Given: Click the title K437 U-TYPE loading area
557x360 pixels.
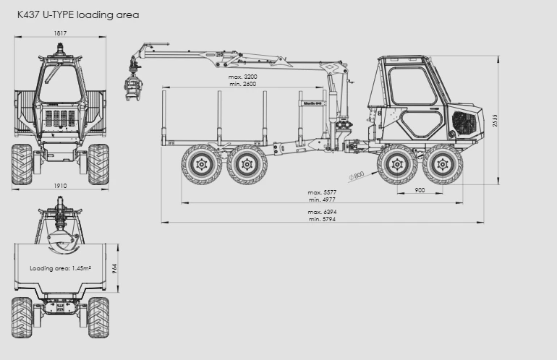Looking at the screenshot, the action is tap(78, 15).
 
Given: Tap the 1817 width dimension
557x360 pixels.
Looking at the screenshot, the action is tap(60, 33).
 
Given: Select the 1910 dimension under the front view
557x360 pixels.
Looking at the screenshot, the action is tap(60, 186).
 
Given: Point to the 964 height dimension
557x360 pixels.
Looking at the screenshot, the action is tap(115, 268).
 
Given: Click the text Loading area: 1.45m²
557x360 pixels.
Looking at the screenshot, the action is tap(60, 268).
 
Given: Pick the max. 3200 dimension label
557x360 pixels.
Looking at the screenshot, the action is tap(242, 77).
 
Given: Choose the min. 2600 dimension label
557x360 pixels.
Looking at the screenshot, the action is tap(242, 84).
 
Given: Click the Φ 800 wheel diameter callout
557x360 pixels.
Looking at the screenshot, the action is tap(357, 176).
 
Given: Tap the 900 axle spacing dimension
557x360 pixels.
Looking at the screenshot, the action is tap(420, 190).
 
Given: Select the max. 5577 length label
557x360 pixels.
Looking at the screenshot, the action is tap(322, 192).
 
